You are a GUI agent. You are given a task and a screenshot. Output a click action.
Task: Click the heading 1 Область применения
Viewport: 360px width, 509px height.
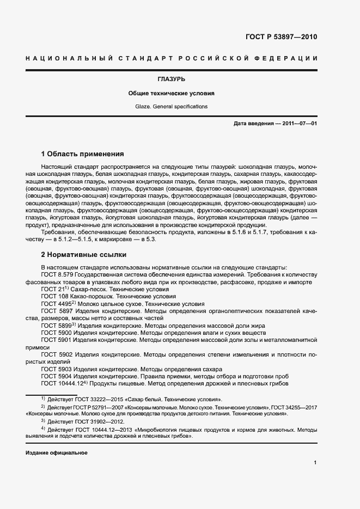(82, 154)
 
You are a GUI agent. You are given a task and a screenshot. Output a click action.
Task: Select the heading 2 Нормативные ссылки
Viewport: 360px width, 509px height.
(83, 254)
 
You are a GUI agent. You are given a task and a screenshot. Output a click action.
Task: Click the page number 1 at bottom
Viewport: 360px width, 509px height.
(315, 463)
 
